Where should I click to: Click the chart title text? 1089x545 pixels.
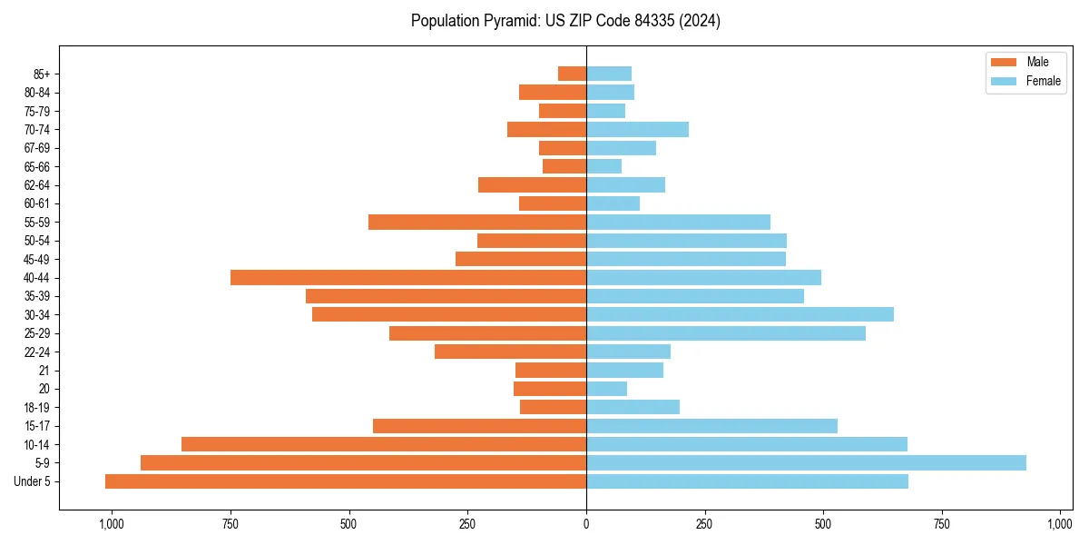pyautogui.click(x=565, y=21)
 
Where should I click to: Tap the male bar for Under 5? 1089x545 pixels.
pyautogui.click(x=346, y=481)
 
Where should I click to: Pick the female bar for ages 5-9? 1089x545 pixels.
pyautogui.click(x=806, y=462)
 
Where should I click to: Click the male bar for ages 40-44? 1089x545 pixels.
pyautogui.click(x=408, y=277)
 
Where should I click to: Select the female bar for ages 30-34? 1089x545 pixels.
pyautogui.click(x=740, y=314)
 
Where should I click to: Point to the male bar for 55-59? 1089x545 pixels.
pyautogui.click(x=477, y=222)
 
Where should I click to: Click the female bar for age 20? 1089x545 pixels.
pyautogui.click(x=606, y=389)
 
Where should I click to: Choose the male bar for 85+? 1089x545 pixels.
pyautogui.click(x=572, y=74)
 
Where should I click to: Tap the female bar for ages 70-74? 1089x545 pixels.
pyautogui.click(x=637, y=129)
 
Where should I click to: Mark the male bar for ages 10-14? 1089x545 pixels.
pyautogui.click(x=384, y=444)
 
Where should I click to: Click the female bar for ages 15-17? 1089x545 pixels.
pyautogui.click(x=711, y=425)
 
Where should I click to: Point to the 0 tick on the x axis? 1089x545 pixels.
pyautogui.click(x=586, y=524)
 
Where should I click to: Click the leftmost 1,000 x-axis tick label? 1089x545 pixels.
pyautogui.click(x=112, y=524)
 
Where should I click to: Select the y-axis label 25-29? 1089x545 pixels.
pyautogui.click(x=36, y=333)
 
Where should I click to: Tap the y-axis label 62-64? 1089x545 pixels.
pyautogui.click(x=36, y=185)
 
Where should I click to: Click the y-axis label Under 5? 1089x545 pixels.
pyautogui.click(x=32, y=481)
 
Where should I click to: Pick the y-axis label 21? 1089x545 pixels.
pyautogui.click(x=44, y=371)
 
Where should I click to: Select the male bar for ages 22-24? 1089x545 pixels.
pyautogui.click(x=510, y=352)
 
